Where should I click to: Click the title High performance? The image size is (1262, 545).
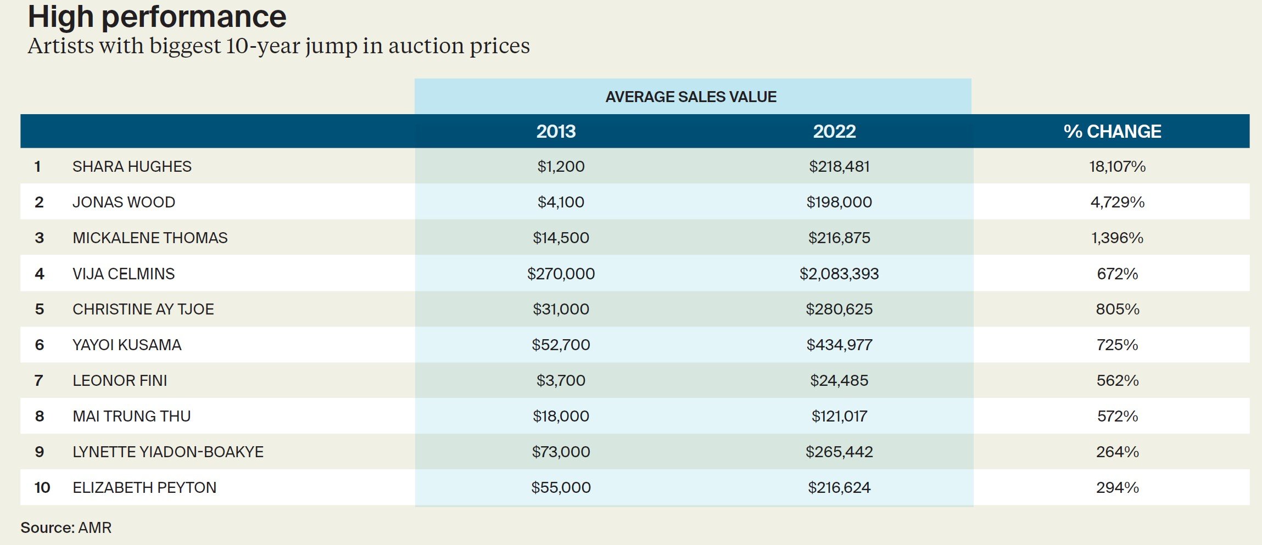[x=157, y=16]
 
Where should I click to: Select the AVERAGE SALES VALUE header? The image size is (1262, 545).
[x=691, y=97]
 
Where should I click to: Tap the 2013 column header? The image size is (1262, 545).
[x=556, y=132]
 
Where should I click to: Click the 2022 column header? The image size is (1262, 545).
[x=834, y=132]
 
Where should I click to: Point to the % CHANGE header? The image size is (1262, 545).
[x=1112, y=132]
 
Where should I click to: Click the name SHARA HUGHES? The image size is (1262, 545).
[x=132, y=166]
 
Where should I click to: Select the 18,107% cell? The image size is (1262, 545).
[x=1117, y=166]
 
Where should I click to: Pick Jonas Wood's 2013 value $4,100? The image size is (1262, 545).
[x=561, y=202]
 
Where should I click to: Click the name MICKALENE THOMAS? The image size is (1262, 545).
[x=150, y=238]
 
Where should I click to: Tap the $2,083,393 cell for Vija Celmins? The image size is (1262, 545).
[x=839, y=273]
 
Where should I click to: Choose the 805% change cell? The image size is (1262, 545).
[x=1117, y=309]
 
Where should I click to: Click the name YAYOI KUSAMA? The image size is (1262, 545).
[x=127, y=345]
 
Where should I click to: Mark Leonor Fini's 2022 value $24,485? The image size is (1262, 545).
[x=839, y=380]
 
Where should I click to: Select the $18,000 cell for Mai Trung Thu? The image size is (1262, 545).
[x=561, y=416]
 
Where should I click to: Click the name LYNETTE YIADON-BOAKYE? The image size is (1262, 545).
[x=168, y=452]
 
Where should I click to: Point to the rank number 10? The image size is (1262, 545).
[x=42, y=487]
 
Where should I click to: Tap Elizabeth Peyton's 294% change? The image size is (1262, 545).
[x=1117, y=487]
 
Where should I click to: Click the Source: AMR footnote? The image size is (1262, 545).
[x=66, y=527]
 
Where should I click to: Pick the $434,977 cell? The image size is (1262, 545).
[x=839, y=345]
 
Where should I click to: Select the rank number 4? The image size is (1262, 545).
[x=40, y=273]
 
